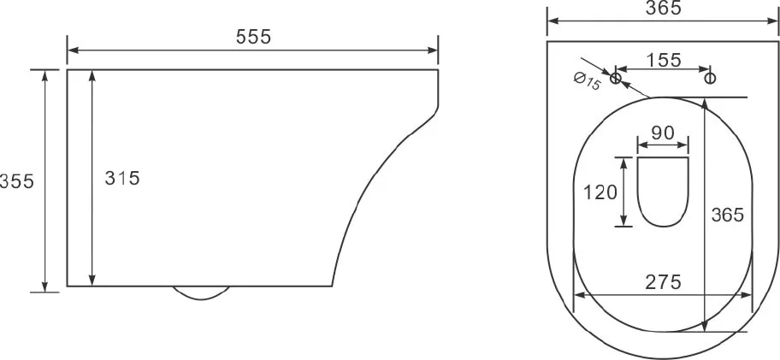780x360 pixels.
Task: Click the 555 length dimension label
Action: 253,36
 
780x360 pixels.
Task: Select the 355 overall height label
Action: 17,181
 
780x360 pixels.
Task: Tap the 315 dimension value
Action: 122,178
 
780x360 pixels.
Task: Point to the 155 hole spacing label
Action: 664,60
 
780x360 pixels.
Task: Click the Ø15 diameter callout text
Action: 587,81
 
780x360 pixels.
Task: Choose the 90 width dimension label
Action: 663,133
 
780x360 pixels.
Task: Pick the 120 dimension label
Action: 600,192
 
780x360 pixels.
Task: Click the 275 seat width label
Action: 663,282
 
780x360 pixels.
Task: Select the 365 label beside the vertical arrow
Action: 727,215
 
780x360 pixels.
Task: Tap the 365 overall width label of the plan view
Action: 663,8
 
